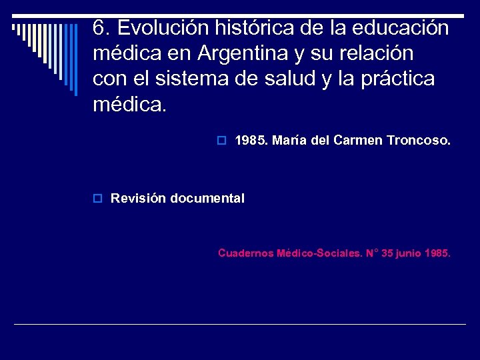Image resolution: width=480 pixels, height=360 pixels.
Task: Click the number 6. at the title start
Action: [100, 27]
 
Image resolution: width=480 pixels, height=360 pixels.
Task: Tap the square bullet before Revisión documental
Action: [97, 199]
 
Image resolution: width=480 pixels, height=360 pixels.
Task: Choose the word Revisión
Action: [138, 198]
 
